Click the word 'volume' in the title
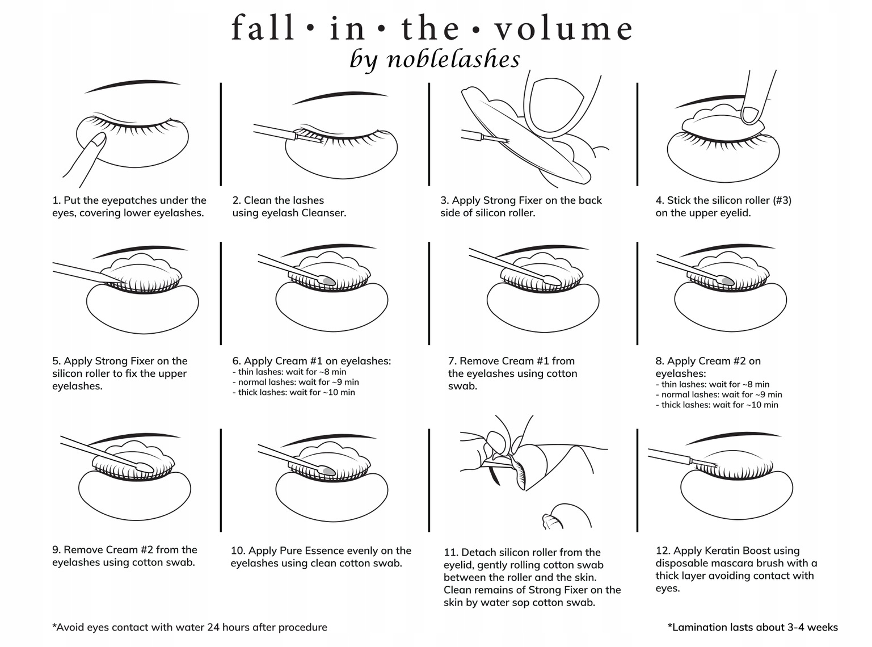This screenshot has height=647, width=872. pos(563,28)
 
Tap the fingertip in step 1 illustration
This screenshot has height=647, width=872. pos(99,139)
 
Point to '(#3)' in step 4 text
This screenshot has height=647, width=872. pos(782,200)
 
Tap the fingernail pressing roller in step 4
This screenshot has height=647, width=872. pos(752,114)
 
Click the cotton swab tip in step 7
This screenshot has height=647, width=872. pos(554,280)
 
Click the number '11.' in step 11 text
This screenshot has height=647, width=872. pos(451,552)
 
